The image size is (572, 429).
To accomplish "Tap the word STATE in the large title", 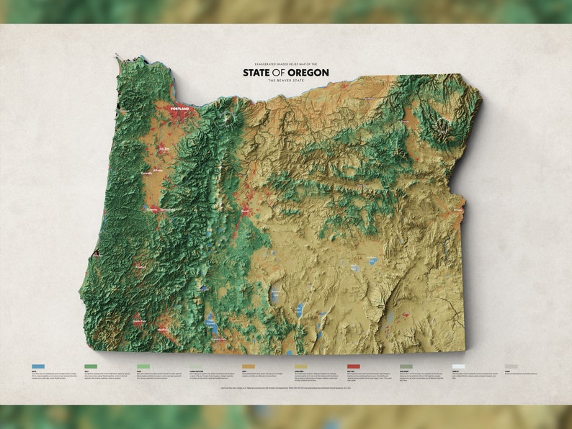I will [x=258, y=72].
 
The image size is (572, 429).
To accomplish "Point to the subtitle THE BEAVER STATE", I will [x=285, y=80].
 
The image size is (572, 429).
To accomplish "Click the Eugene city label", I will [x=152, y=209].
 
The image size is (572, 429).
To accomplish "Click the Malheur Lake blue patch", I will [x=372, y=260].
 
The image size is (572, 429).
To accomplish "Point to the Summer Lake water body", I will [x=274, y=294].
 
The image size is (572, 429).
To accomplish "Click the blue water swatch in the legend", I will [x=38, y=366].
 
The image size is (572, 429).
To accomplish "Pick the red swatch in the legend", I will [x=353, y=366].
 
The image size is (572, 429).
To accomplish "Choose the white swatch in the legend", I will [x=458, y=366].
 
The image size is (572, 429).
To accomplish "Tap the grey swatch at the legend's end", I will [x=511, y=366].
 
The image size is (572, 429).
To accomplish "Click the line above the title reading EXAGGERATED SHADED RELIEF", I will [x=285, y=64].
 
